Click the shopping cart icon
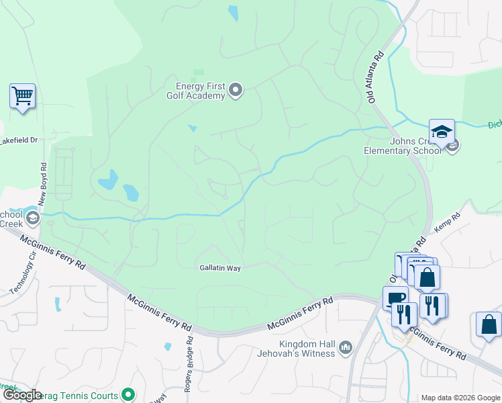[22, 96]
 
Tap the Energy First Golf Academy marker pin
[235, 89]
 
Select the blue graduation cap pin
[442, 132]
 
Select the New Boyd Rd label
[43, 184]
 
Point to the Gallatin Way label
[219, 267]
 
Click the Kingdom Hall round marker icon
[346, 347]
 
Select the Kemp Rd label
[448, 222]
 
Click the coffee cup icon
[395, 298]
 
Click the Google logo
[22, 395]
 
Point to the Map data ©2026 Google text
[460, 398]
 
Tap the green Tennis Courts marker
[128, 395]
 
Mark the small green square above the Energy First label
[198, 73]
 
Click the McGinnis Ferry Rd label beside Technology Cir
[53, 253]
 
